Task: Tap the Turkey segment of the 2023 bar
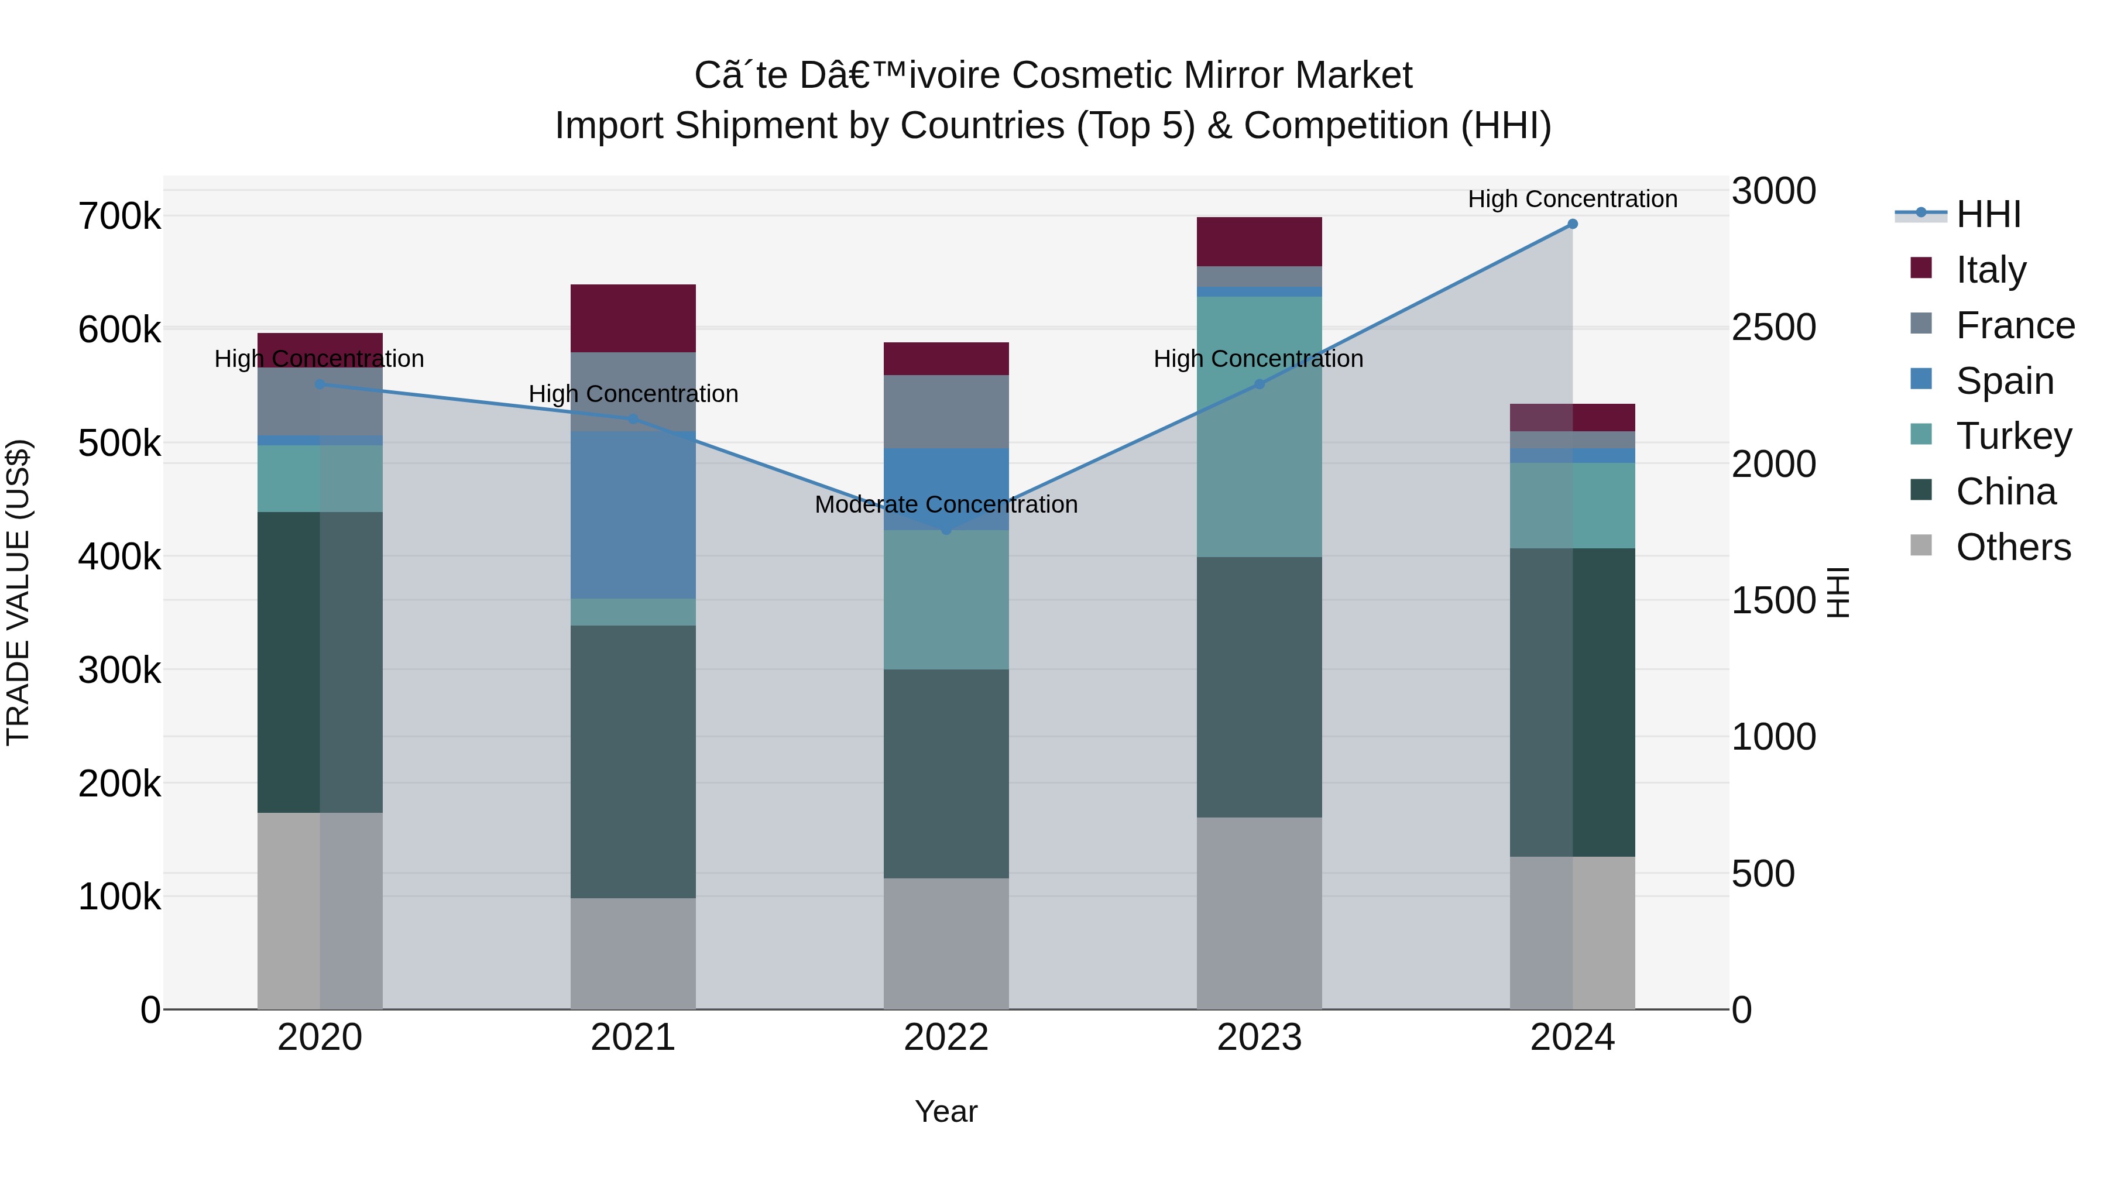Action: coord(1259,426)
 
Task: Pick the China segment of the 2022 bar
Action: coord(946,774)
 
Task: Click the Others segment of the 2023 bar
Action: coord(1259,913)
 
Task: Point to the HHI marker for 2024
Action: coord(1572,224)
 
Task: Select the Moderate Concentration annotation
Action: coord(946,504)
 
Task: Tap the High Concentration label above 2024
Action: coord(1572,200)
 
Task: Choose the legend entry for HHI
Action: coord(1988,214)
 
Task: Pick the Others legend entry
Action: coord(2012,547)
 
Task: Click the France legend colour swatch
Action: coord(1920,324)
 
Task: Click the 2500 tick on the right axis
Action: coord(1773,327)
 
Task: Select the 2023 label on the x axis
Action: coord(1259,1038)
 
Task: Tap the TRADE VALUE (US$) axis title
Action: coord(18,592)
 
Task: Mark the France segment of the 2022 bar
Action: coord(946,411)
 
